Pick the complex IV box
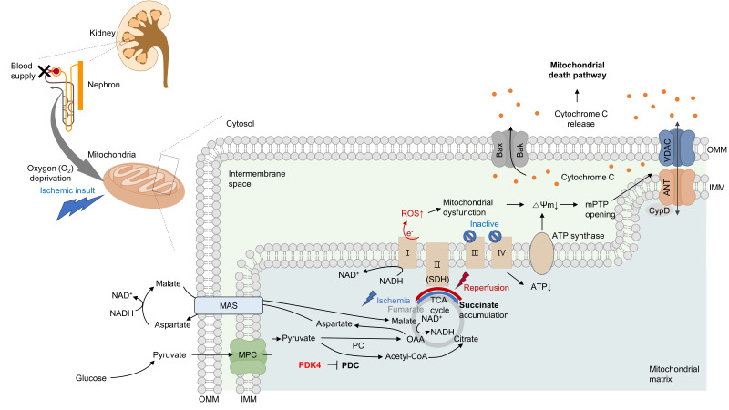500,251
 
